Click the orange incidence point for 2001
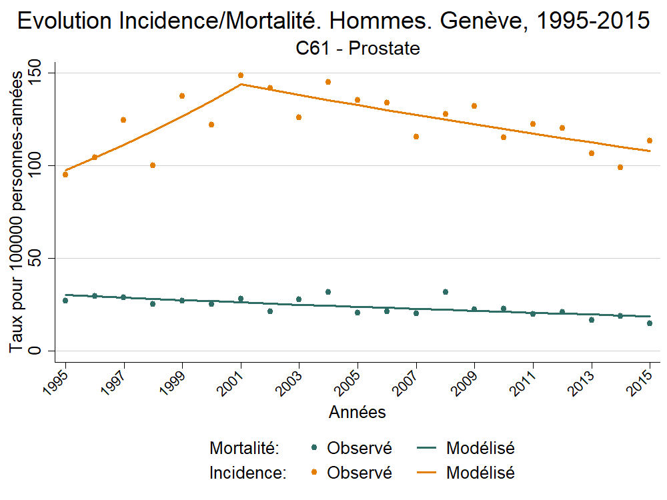click(241, 75)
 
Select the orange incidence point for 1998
click(153, 165)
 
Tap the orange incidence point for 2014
click(620, 167)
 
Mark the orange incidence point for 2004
click(328, 82)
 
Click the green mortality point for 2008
click(446, 292)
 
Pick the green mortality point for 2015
click(650, 323)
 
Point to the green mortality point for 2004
click(328, 292)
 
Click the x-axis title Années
click(358, 413)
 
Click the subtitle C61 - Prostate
click(358, 49)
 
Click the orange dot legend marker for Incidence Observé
click(313, 473)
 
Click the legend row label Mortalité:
click(244, 448)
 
